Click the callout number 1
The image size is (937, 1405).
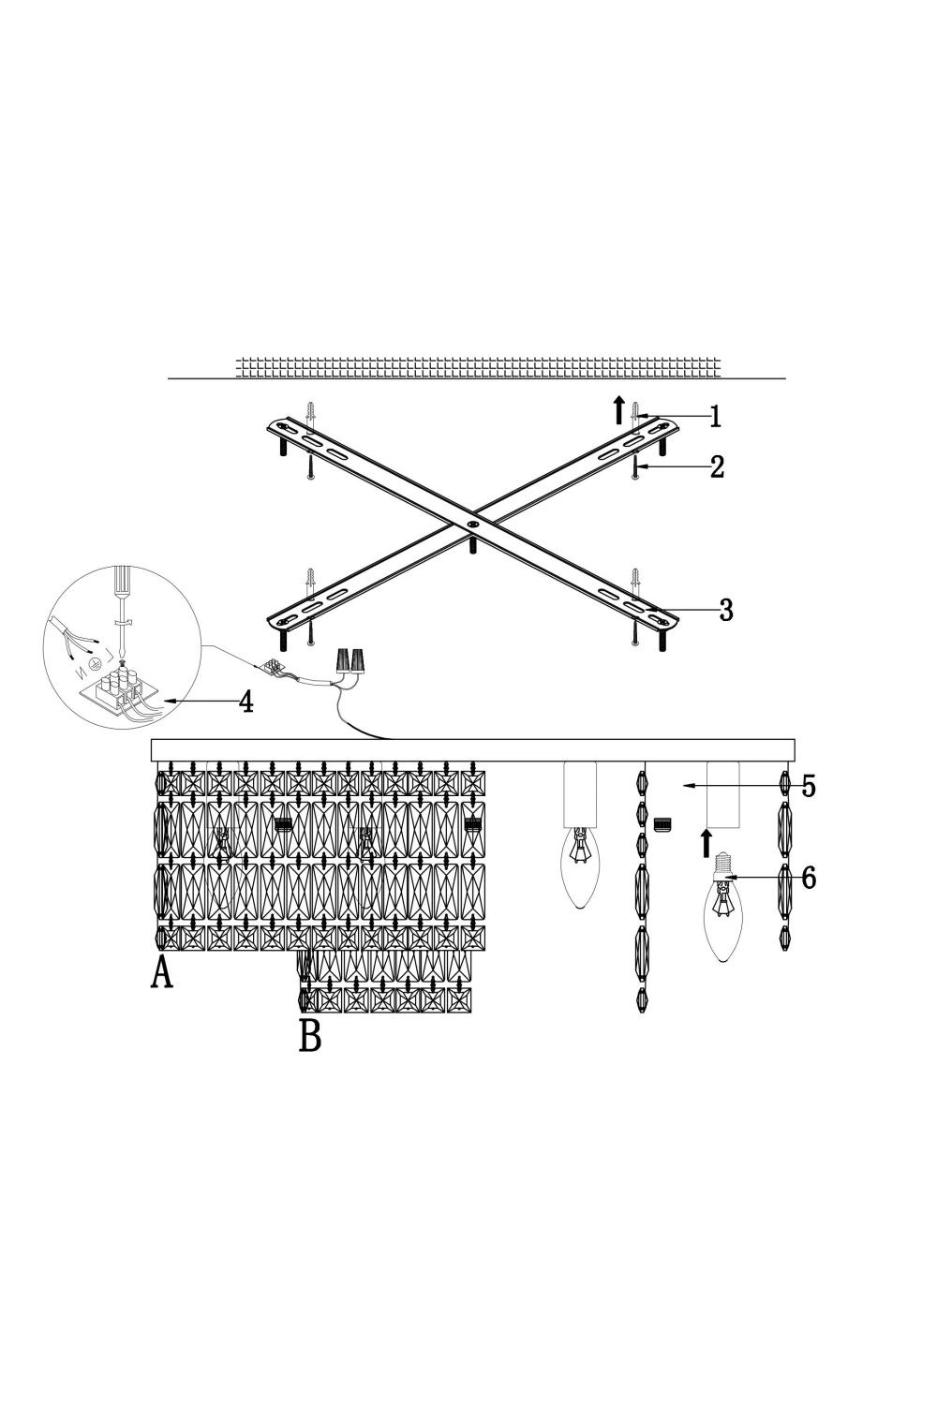coord(715,417)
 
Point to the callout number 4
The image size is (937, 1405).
coord(246,702)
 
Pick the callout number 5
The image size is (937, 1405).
coord(809,786)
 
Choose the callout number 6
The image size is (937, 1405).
coord(809,879)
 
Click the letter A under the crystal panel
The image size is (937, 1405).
coord(162,973)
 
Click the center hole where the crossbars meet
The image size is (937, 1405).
coord(471,525)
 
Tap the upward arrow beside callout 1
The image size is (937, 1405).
coord(618,409)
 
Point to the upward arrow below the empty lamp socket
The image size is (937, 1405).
coord(706,841)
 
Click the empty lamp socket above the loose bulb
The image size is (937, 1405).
coord(722,794)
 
